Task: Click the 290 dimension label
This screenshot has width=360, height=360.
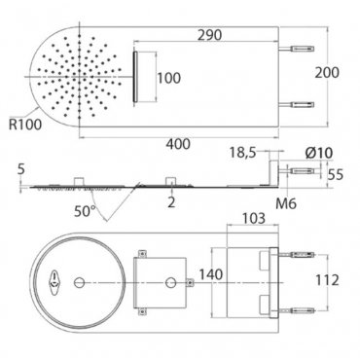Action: click(x=209, y=35)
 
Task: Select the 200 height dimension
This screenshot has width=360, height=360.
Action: click(x=327, y=72)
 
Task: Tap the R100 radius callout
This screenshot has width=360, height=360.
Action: click(x=25, y=125)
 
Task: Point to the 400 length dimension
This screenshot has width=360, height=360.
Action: click(x=178, y=144)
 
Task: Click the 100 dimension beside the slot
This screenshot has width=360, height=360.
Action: click(x=169, y=78)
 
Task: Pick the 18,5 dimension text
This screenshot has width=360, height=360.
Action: click(x=243, y=153)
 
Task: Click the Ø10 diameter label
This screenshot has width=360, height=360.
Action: click(x=319, y=153)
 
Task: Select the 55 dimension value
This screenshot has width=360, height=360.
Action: click(x=335, y=175)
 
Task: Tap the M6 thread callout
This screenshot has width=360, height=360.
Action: click(x=286, y=203)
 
